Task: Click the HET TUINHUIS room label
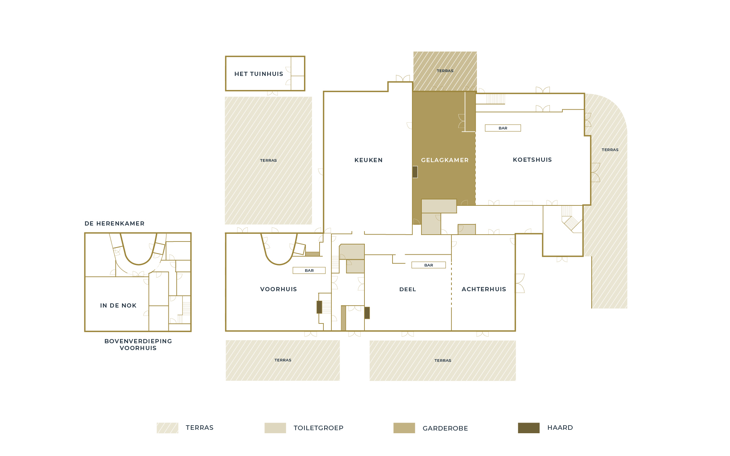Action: pos(259,74)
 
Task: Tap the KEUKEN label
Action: pos(369,160)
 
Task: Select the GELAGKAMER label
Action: pos(445,160)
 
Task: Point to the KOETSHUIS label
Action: pos(532,160)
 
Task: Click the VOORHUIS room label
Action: pos(279,289)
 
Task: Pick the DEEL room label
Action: pos(408,289)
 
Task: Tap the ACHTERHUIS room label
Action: pos(484,289)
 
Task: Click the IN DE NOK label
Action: pos(118,306)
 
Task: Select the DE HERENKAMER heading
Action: pos(114,224)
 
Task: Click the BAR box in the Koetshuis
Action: pos(503,128)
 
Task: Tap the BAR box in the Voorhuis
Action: pos(309,271)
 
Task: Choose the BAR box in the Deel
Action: pos(429,265)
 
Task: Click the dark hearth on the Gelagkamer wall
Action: pos(415,172)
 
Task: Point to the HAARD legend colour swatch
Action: pos(529,428)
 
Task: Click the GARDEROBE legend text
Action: pos(445,428)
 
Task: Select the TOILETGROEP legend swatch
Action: pos(275,428)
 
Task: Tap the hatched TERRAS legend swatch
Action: pos(168,428)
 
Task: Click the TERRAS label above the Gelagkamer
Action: pos(445,71)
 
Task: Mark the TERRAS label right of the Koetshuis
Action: pos(610,150)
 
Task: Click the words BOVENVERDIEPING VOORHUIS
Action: pos(138,345)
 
